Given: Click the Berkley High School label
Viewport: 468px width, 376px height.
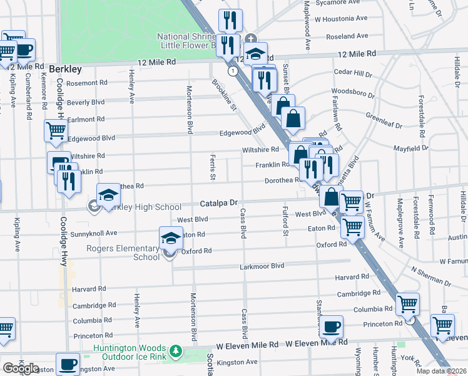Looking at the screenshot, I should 144,207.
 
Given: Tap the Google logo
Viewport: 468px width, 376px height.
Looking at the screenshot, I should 20,368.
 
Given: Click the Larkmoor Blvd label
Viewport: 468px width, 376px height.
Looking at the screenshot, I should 262,266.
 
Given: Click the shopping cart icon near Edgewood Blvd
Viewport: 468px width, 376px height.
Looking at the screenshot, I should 56,132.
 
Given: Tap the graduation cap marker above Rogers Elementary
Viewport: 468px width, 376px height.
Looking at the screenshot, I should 170,238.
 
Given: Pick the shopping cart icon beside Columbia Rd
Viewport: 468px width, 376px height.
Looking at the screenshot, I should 408,305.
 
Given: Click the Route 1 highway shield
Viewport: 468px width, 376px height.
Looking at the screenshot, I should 233,71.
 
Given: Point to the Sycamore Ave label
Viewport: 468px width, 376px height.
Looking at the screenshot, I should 339,3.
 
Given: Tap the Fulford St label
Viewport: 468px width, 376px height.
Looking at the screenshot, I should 285,224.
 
